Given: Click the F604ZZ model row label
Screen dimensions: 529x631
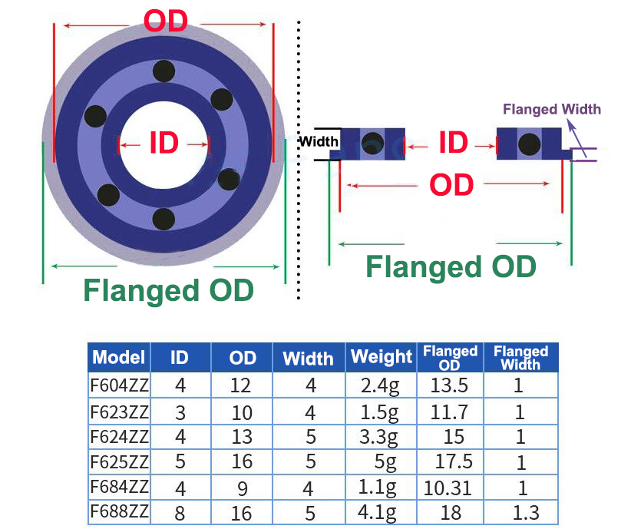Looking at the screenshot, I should tap(118, 385).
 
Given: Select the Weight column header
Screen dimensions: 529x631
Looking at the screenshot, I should tap(382, 357).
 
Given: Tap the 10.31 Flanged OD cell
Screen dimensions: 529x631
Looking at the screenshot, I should tap(449, 488).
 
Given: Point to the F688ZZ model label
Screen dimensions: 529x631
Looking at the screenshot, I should tap(118, 512).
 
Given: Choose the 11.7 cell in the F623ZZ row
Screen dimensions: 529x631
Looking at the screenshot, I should tap(449, 412).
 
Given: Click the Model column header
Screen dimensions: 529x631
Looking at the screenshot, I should tap(118, 357).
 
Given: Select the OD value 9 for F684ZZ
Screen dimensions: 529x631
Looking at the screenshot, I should tap(242, 488).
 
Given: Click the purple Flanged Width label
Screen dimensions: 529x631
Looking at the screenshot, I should tap(551, 109).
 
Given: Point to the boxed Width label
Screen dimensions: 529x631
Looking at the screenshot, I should tap(318, 141).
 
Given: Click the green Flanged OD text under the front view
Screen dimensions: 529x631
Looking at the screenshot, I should tap(168, 291).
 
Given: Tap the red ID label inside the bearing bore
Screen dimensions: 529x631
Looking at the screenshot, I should tap(164, 143).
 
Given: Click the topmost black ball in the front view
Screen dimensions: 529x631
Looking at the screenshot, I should tap(163, 71).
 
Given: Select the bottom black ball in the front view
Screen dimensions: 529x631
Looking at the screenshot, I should tap(163, 220).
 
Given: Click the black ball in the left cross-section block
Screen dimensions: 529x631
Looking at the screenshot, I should tap(372, 141).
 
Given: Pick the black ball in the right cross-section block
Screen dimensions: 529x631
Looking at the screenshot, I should tap(529, 143).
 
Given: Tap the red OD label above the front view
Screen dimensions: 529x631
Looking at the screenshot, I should tap(166, 21).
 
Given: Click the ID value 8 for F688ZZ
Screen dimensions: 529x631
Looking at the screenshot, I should tap(180, 513).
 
